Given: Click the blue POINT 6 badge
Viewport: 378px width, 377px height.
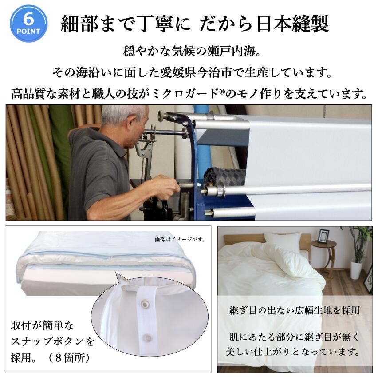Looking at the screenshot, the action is coord(28,24).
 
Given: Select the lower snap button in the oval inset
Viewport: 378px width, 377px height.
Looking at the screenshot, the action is coord(146,337).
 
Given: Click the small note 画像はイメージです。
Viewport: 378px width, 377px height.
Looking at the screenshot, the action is coord(180,240).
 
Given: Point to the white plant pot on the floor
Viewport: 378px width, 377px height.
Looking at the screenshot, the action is coord(357,270).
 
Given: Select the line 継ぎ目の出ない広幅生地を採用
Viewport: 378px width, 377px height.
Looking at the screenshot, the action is coord(295,310).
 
